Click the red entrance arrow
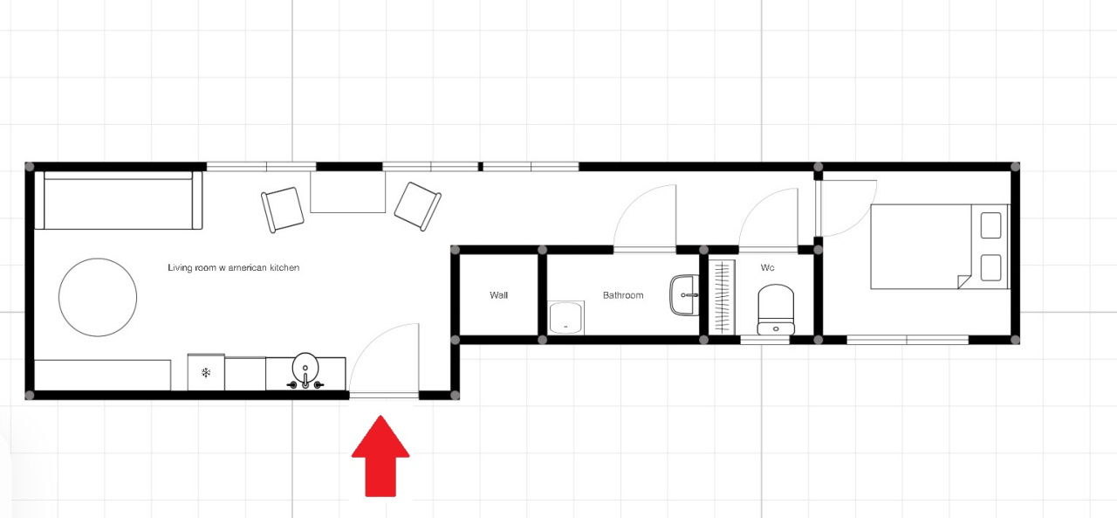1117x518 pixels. tap(380, 456)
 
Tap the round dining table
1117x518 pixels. tap(98, 297)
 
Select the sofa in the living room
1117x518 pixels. tap(119, 200)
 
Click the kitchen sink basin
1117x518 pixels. tap(305, 367)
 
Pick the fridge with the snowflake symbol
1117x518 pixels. tap(206, 372)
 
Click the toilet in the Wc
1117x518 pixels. tap(776, 309)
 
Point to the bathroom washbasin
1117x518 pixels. tap(685, 295)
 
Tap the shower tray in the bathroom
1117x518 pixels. tap(566, 318)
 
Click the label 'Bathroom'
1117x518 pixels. tap(623, 295)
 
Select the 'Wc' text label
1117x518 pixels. tap(767, 268)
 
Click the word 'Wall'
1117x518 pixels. tap(498, 295)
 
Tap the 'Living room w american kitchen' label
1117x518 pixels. tap(233, 268)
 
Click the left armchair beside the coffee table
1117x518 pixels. tap(282, 210)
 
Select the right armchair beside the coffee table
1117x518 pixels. tap(417, 207)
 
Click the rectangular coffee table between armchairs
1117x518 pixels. tap(348, 192)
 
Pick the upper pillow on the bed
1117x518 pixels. tap(990, 225)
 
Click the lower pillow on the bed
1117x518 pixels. tap(990, 268)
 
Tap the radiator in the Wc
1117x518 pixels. tap(722, 297)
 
